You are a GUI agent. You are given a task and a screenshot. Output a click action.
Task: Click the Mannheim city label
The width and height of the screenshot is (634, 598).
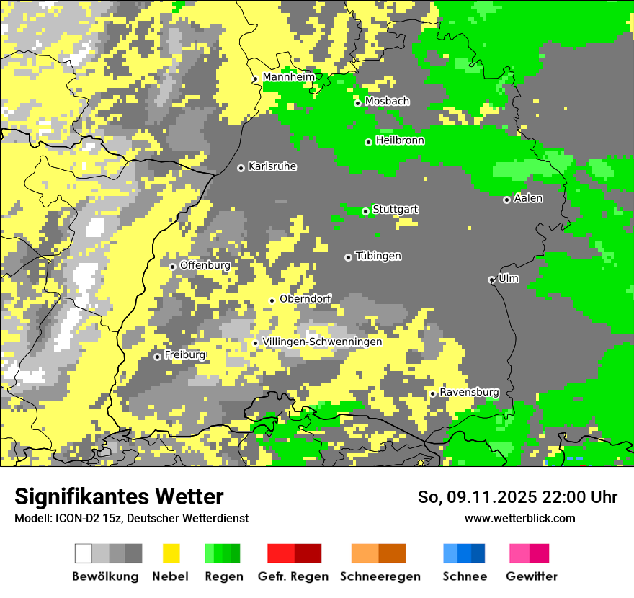pos(288,77)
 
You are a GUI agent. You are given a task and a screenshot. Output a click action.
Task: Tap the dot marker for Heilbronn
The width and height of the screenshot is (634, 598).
pos(368,142)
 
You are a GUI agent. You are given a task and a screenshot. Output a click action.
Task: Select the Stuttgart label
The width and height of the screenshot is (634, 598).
pos(395,210)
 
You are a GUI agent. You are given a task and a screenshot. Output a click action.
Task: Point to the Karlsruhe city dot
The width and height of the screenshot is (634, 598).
pos(241,168)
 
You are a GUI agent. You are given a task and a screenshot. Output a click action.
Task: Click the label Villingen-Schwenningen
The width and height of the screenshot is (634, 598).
pos(322,342)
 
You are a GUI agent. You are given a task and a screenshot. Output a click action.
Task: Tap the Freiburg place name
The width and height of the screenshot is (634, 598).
pos(184,355)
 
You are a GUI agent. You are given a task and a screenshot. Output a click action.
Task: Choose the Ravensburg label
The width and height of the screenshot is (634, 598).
pos(469,392)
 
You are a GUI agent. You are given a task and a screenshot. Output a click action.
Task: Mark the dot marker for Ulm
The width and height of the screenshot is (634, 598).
pos(491,280)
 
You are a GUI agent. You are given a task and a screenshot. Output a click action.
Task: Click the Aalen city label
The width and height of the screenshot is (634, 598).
pos(528,198)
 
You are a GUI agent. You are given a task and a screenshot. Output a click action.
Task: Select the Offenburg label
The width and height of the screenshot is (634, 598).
pos(205,265)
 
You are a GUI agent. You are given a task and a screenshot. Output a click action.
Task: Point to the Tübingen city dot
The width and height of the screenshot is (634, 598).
pos(348,257)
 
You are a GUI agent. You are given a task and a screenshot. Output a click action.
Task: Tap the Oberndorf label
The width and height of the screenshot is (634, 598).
pos(305,298)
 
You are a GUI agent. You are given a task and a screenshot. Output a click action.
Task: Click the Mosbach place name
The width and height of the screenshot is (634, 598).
pos(387,102)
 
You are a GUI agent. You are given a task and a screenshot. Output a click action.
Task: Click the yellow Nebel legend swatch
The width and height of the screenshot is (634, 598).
pos(171,553)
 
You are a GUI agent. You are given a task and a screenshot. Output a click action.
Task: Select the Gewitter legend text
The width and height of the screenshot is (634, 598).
pos(531,576)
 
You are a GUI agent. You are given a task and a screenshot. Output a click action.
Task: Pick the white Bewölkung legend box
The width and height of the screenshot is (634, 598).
pos(84,553)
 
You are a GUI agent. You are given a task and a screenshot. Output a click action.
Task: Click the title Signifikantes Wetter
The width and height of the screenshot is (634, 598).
pos(119,496)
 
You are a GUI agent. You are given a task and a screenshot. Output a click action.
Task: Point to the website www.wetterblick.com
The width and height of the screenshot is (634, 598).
pos(519,518)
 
